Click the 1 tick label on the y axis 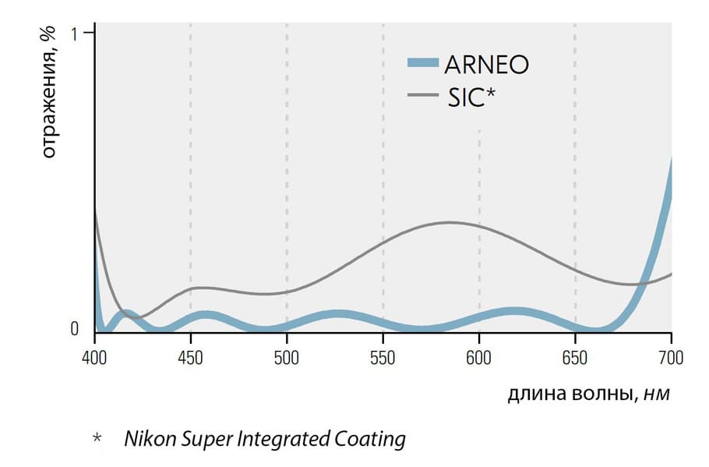point(75,34)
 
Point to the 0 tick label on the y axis point(75,329)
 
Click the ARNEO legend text point(486,64)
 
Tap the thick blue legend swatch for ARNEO point(423,63)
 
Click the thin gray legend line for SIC point(423,96)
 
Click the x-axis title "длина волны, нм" point(588,395)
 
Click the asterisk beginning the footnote point(97,439)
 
